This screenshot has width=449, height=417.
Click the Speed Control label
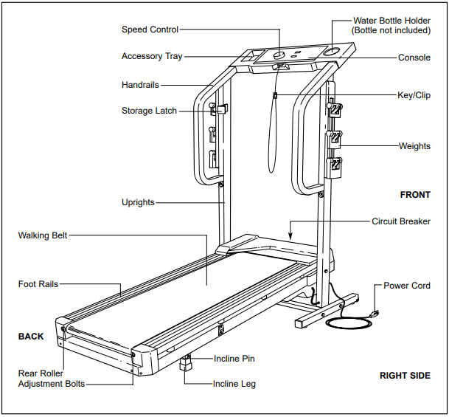tap(150, 30)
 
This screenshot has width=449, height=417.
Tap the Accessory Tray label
tap(152, 57)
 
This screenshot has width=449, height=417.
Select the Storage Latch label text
tap(149, 111)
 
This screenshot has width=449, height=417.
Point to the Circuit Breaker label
tap(401, 221)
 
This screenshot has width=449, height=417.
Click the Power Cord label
tap(407, 286)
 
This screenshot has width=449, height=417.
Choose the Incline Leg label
tap(234, 384)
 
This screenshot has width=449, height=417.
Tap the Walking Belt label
tap(43, 235)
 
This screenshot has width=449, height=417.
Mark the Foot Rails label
tap(38, 284)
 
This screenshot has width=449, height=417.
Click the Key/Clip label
tap(414, 96)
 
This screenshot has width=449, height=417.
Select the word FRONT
tap(415, 195)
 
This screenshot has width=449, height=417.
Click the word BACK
tap(31, 337)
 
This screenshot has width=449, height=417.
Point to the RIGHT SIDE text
tap(405, 376)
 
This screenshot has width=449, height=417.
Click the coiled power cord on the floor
tap(345, 322)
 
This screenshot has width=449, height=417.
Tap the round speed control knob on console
tap(280, 55)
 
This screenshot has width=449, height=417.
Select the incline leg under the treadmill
tap(186, 365)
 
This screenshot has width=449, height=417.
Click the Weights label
tap(414, 146)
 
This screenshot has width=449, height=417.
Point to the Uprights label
tap(139, 202)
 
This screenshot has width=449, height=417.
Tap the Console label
tap(414, 58)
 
